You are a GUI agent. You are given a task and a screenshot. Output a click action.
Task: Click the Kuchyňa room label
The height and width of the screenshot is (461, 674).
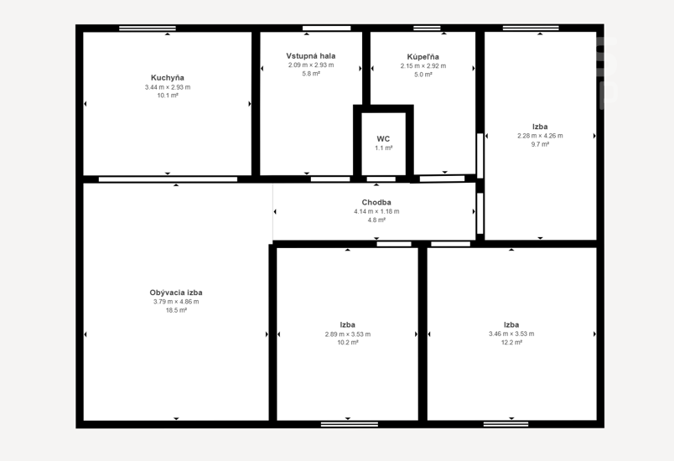pyautogui.click(x=167, y=78)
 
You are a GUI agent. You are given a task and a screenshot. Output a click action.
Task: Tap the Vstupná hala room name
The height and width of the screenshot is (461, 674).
pyautogui.click(x=311, y=56)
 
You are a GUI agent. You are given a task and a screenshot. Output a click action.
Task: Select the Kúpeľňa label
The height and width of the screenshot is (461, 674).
pyautogui.click(x=423, y=57)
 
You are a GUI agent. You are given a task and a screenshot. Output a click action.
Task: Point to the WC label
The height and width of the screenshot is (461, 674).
pyautogui.click(x=383, y=139)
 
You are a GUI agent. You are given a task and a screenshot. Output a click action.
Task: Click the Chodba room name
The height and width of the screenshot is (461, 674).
pyautogui.click(x=376, y=202)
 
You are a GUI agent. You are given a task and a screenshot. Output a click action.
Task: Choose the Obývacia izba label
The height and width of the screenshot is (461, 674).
pyautogui.click(x=176, y=293)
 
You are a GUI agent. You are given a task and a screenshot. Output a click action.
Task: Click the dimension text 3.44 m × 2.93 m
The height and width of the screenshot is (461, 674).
pyautogui.click(x=168, y=87)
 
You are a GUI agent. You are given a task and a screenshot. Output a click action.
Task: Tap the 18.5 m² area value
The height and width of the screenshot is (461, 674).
pyautogui.click(x=176, y=310)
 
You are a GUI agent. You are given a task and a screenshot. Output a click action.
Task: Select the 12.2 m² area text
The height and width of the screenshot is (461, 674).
pyautogui.click(x=511, y=343)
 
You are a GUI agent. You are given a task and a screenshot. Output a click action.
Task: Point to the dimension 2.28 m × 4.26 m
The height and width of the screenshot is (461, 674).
pyautogui.click(x=540, y=136)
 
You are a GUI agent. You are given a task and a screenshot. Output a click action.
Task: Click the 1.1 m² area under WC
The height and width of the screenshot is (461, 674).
pyautogui.click(x=383, y=148)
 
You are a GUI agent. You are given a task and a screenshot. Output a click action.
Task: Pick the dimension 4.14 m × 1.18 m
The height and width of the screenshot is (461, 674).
pyautogui.click(x=376, y=211)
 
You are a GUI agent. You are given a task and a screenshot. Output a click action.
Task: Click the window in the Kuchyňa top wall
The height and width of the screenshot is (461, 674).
pyautogui.click(x=148, y=28)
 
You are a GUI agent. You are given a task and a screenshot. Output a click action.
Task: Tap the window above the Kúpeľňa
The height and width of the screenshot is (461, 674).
pyautogui.click(x=427, y=28)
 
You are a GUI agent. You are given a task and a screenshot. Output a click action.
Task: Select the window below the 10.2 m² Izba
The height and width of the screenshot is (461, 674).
pyautogui.click(x=350, y=424)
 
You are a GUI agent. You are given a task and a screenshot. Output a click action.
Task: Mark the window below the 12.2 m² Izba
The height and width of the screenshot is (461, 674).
pyautogui.click(x=506, y=424)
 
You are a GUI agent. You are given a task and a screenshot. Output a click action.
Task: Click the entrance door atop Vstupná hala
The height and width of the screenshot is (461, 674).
pyautogui.click(x=327, y=28)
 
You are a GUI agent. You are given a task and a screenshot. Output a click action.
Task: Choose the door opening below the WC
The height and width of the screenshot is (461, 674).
pyautogui.click(x=381, y=179)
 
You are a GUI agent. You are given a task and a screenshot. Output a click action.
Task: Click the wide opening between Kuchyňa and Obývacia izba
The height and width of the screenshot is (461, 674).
pyautogui.click(x=168, y=179)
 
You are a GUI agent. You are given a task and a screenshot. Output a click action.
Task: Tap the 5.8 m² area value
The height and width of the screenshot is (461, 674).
pyautogui.click(x=311, y=74)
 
